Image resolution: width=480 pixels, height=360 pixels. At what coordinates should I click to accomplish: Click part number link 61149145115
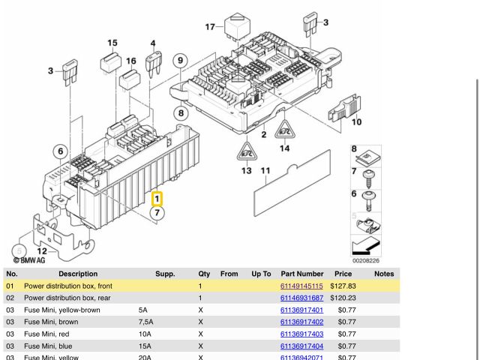[x=301, y=286]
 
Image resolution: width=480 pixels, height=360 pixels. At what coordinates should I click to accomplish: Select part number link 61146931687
[x=301, y=298]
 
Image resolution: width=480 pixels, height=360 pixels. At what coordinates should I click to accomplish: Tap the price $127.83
[x=342, y=286]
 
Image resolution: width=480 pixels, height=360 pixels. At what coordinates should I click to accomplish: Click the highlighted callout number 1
[x=157, y=199]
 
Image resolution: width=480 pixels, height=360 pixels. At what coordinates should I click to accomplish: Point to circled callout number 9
[x=179, y=61]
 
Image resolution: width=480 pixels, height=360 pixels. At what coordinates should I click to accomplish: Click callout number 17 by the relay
[x=210, y=27]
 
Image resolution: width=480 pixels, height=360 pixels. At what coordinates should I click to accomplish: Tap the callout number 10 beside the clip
[x=356, y=121]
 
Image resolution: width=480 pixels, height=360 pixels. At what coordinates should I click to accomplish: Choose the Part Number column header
[x=301, y=274]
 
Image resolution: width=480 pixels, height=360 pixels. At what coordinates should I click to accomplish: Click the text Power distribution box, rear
[x=67, y=298]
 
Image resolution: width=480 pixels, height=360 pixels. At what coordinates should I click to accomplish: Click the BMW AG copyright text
[x=29, y=260]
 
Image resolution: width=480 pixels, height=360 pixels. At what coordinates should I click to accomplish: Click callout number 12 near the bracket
[x=42, y=251]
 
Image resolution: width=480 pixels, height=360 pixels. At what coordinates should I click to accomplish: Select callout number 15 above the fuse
[x=112, y=43]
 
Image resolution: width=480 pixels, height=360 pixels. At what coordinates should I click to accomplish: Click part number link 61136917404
[x=301, y=346]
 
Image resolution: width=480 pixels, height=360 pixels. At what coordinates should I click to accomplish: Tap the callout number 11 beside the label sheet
[x=265, y=172]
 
